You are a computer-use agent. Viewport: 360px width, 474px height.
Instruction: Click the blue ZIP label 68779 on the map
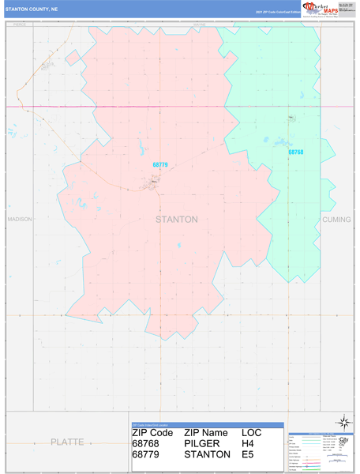point(160,165)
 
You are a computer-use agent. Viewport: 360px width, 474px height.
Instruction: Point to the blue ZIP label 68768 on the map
point(295,152)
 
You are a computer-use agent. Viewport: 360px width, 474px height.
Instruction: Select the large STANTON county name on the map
point(176,219)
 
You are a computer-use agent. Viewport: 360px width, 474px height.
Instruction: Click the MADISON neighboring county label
point(19,219)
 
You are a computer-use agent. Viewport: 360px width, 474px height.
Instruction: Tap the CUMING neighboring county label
point(336,219)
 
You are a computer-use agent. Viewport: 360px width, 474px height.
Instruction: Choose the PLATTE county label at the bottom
point(67,441)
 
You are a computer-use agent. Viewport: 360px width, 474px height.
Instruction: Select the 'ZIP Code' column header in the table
point(152,433)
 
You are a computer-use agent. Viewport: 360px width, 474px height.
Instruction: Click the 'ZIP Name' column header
point(206,433)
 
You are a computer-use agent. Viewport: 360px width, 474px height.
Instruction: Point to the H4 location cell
point(249,444)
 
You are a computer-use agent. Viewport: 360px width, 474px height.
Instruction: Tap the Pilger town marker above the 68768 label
point(291,119)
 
